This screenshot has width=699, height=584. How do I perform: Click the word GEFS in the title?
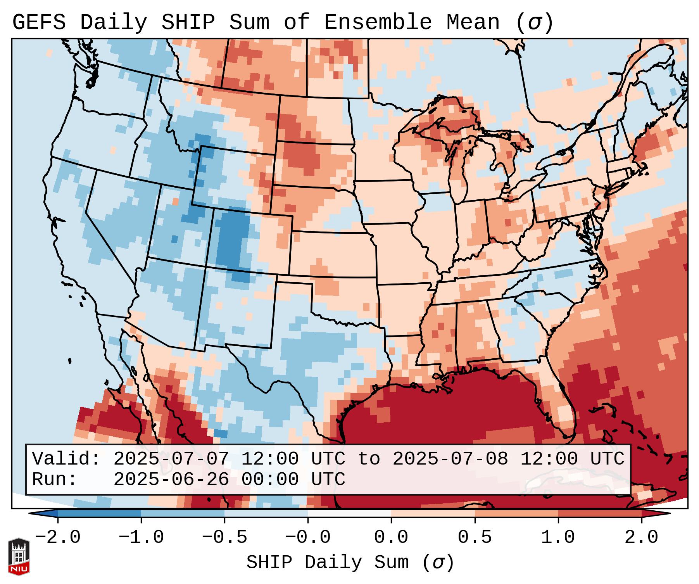click(39, 22)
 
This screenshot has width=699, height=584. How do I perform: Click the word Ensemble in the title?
click(378, 22)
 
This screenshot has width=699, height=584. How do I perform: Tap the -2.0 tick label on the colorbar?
click(58, 537)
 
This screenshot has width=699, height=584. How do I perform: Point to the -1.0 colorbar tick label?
click(141, 537)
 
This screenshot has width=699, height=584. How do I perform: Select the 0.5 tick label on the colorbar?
click(475, 537)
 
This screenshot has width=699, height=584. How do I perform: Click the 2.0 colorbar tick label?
click(641, 537)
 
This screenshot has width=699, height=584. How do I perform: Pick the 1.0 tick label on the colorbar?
click(558, 537)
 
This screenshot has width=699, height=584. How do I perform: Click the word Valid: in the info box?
click(66, 459)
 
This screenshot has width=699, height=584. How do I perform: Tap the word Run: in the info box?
click(55, 480)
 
